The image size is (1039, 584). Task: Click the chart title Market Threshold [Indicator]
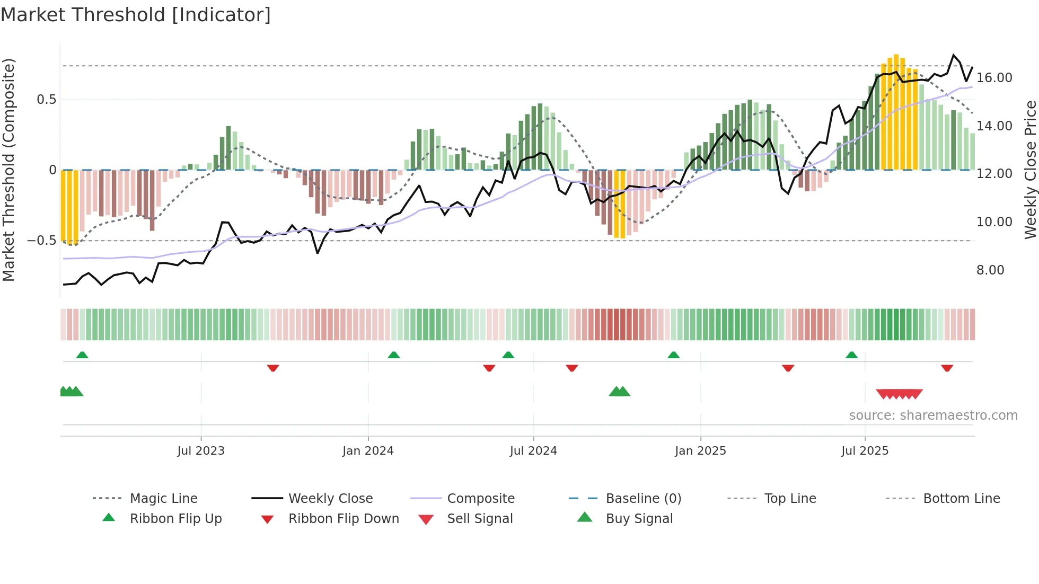point(136,15)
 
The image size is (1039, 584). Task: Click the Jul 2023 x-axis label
point(201,451)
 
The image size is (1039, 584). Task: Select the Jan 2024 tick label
point(368,451)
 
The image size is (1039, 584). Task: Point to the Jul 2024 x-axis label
point(533,451)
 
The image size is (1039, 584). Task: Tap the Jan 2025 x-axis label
point(700,451)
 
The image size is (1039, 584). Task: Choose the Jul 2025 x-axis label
point(865,451)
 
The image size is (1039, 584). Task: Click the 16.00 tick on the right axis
point(994,78)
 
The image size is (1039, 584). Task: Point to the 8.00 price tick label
point(990,270)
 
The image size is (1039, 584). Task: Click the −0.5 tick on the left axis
point(42,241)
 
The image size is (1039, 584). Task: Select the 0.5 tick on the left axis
point(47,100)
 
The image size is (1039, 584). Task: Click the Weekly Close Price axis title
point(1030,170)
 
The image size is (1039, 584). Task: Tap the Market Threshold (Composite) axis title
point(8,170)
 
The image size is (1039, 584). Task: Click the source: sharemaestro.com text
point(933,415)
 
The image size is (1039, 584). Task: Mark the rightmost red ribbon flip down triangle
point(947,368)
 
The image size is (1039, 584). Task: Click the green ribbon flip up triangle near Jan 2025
point(673,355)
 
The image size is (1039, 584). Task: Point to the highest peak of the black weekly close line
point(953,55)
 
